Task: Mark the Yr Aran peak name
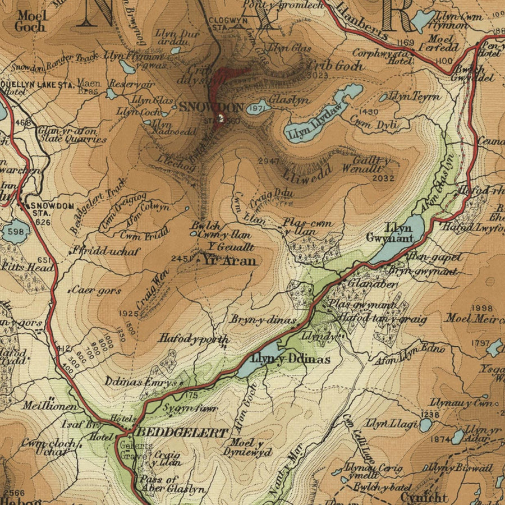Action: click(229, 261)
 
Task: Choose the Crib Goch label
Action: click(335, 65)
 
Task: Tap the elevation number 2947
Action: click(268, 162)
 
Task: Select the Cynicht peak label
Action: click(424, 497)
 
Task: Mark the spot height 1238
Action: click(429, 415)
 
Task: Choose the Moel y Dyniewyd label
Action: click(240, 447)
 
